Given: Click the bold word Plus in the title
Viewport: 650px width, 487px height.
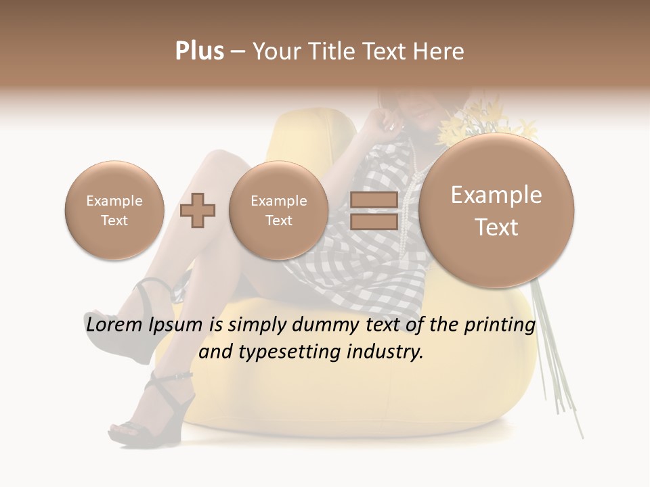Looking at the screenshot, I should click(x=199, y=51).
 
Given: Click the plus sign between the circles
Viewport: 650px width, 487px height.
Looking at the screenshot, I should click(x=198, y=210).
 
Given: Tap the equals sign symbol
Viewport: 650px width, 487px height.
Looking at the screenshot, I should click(x=374, y=210).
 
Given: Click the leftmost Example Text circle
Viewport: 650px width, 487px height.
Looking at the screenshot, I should click(x=114, y=210).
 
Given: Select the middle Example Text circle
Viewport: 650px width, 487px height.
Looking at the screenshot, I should click(x=278, y=210).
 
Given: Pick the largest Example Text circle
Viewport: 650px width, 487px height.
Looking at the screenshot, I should click(x=496, y=210).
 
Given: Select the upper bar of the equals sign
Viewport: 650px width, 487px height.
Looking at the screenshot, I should click(x=374, y=200).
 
